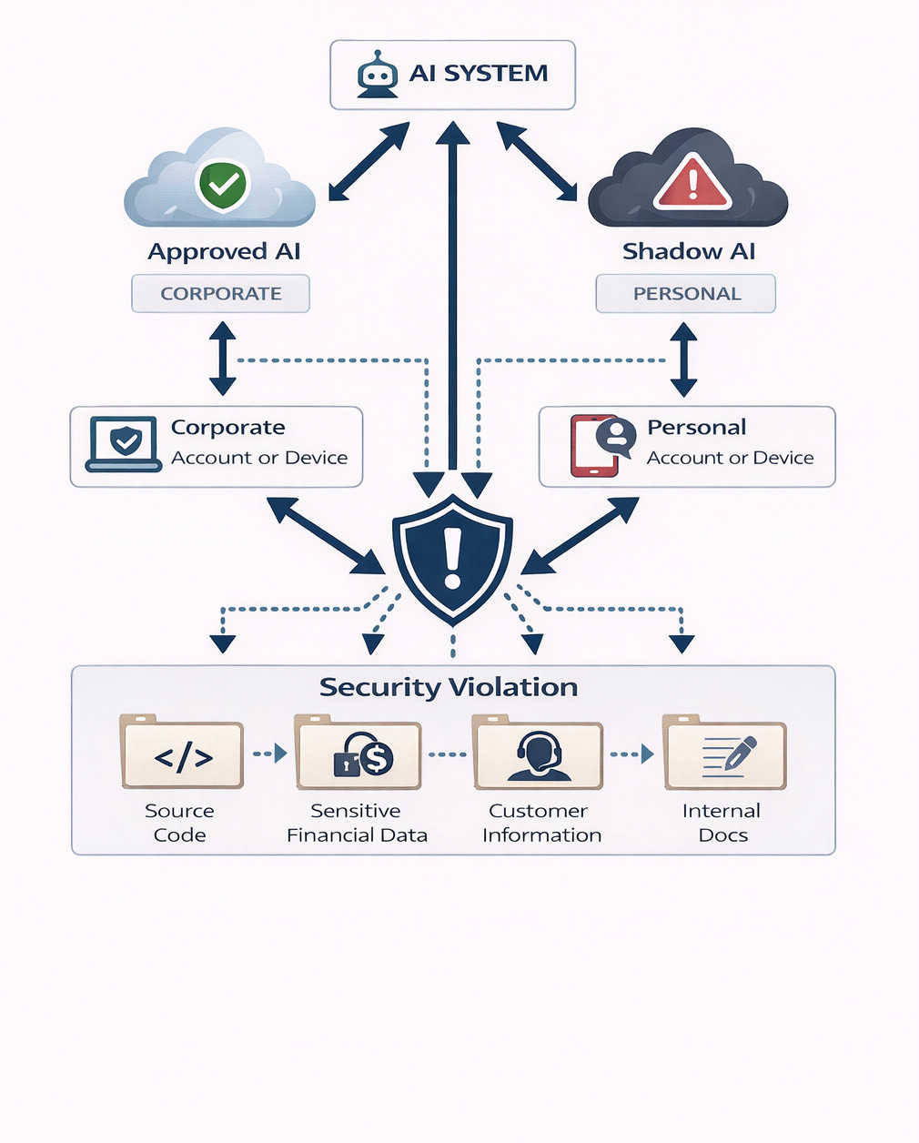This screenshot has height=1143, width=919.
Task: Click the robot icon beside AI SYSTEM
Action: (x=378, y=75)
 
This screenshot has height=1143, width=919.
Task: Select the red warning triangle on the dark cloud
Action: (x=692, y=181)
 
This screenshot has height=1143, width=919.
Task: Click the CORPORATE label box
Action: (x=220, y=293)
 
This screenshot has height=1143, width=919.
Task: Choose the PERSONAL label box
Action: (x=685, y=293)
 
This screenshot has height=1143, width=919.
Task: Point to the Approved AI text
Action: (x=224, y=252)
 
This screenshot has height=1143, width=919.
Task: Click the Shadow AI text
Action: (x=689, y=252)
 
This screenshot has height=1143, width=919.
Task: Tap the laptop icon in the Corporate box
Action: (x=124, y=444)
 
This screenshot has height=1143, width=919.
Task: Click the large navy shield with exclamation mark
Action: (x=452, y=560)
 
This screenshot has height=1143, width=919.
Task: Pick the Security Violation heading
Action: (x=449, y=687)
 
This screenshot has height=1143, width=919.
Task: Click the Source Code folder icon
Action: (x=182, y=752)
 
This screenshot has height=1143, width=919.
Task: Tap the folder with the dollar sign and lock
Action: (x=358, y=752)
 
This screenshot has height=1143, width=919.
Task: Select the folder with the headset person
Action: (x=537, y=752)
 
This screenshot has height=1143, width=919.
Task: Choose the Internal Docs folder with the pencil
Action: (x=724, y=752)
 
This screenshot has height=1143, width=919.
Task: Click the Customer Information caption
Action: (x=541, y=823)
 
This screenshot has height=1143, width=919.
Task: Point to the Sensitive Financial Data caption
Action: (x=357, y=823)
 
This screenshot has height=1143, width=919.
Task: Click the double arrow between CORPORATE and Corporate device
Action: (x=223, y=359)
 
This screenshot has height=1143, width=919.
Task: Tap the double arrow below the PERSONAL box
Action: (x=683, y=359)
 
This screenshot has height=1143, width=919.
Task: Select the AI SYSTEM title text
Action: (x=478, y=74)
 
